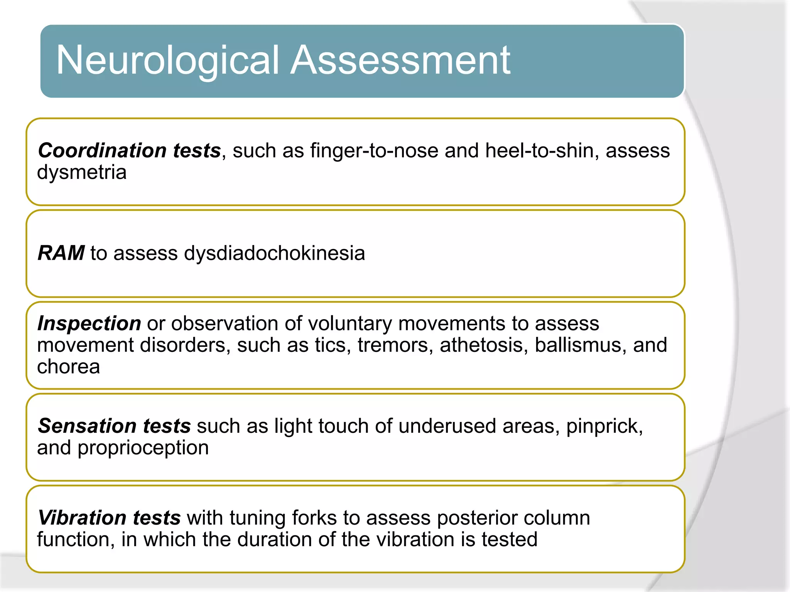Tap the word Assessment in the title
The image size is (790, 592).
[400, 60]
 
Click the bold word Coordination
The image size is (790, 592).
[102, 150]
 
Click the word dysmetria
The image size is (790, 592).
[82, 172]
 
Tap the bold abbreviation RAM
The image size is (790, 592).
[61, 253]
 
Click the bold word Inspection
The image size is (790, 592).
[89, 323]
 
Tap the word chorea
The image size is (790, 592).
[69, 367]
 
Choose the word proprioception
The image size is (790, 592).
[143, 448]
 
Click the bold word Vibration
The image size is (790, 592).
[82, 518]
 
